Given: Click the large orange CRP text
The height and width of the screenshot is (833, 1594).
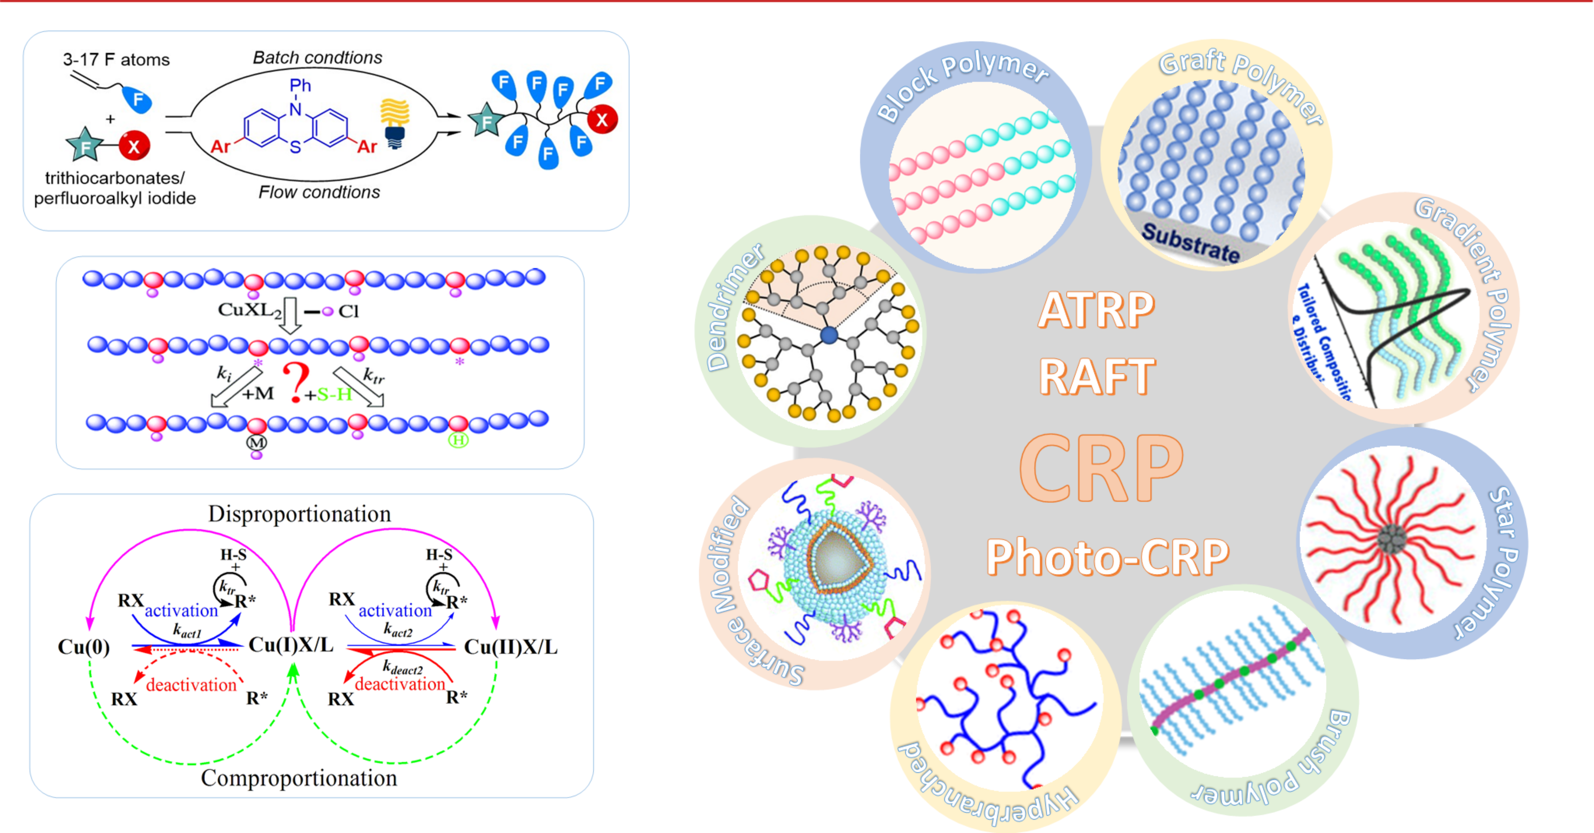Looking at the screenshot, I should tap(1102, 468).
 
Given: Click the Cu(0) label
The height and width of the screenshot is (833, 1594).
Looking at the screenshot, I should tap(83, 647).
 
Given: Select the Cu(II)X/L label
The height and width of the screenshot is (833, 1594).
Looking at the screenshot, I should tap(511, 647).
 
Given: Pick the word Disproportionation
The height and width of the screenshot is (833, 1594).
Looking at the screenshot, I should tap(299, 514).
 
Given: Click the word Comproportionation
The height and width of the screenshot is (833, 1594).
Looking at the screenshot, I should tap(299, 778).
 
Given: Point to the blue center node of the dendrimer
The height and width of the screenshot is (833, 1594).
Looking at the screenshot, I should tap(828, 335).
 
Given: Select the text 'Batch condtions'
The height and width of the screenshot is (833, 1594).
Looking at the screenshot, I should tap(318, 57).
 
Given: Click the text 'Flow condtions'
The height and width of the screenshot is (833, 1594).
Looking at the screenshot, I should tap(319, 192).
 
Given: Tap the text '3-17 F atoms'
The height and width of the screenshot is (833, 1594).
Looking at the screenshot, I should tap(116, 59).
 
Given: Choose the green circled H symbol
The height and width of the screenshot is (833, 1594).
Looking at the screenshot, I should tap(458, 440).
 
